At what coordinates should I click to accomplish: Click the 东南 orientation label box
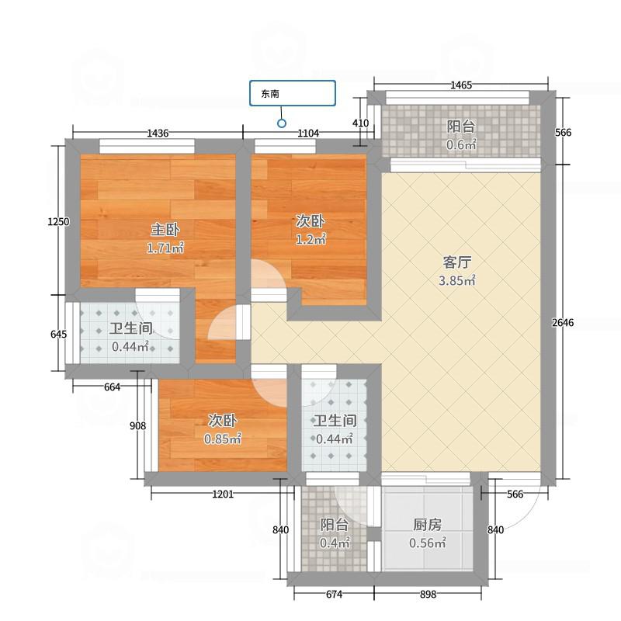tap(293, 93)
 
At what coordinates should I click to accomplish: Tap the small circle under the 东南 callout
tap(282, 123)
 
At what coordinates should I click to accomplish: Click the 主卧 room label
tap(165, 230)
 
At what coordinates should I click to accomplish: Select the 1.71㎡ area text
tap(165, 248)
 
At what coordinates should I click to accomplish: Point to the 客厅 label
tap(456, 262)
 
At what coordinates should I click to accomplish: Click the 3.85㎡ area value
tap(456, 281)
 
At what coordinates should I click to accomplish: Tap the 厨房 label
tap(428, 525)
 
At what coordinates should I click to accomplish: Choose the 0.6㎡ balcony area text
tap(461, 145)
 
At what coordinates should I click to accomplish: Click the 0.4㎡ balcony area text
tap(335, 543)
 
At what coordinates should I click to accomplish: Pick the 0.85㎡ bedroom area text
tap(223, 439)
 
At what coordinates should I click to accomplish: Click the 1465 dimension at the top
tap(461, 85)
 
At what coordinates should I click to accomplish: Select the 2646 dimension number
tap(563, 323)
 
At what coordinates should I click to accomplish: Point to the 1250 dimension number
tap(58, 222)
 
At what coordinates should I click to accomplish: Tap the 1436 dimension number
tap(158, 134)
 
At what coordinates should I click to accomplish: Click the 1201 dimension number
tap(223, 494)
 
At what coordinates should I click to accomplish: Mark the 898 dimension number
tap(428, 594)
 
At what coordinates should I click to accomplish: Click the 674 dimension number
tap(335, 594)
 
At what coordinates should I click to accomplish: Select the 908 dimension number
tap(138, 425)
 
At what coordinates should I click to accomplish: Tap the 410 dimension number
tap(360, 123)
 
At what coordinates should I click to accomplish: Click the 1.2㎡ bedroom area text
tap(311, 240)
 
